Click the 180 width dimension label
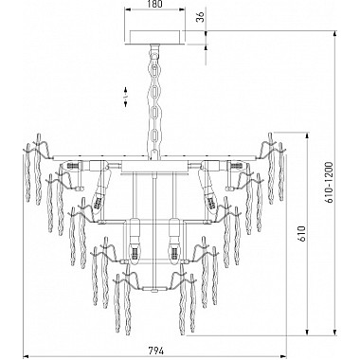pyautogui.click(x=154, y=4)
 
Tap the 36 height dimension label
pyautogui.click(x=200, y=17)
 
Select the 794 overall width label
pyautogui.click(x=156, y=351)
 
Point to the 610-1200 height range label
pyautogui.click(x=329, y=183)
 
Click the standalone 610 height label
pyautogui.click(x=302, y=233)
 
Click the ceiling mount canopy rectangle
pyautogui.click(x=154, y=38)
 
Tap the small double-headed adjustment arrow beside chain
pyautogui.click(x=125, y=97)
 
